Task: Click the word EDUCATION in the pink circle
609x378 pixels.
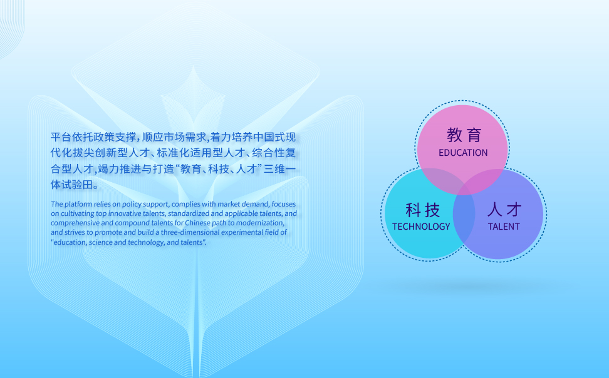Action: pos(463,153)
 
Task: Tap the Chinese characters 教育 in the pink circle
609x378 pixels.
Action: pos(464,135)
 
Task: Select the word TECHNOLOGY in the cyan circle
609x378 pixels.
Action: pos(421,227)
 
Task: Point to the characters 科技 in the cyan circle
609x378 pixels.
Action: pos(422,210)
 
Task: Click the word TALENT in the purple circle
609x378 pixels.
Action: pos(504,227)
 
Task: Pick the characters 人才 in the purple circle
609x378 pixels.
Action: pos(504,210)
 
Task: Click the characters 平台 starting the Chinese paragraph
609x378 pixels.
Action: pos(61,137)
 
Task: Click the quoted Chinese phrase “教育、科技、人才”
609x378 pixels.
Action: pos(219,170)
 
